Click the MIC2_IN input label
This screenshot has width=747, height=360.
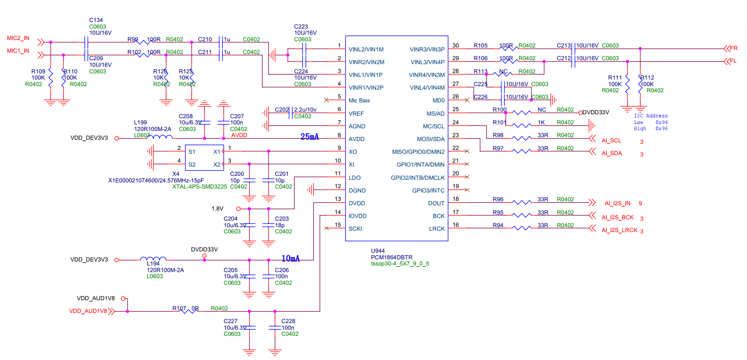click(18, 38)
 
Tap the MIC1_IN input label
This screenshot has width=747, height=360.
click(18, 51)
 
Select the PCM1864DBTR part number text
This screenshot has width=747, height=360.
click(392, 258)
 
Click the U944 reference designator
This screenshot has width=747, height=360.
click(378, 251)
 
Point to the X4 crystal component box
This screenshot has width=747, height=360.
click(204, 158)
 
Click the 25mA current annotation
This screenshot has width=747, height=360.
click(309, 137)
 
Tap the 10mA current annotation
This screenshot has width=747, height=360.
click(290, 258)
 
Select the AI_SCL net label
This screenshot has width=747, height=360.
click(611, 141)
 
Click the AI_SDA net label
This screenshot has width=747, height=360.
click(612, 153)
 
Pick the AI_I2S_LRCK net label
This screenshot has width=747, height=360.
click(619, 230)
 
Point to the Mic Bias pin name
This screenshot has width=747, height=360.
click(359, 101)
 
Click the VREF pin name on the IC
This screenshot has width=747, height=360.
click(356, 114)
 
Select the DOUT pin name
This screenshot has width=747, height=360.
click(436, 204)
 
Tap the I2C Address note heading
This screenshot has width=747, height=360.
click(650, 116)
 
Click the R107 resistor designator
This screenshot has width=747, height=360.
click(179, 309)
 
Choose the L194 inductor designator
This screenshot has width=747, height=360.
click(153, 264)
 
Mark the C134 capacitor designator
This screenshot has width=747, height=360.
click(96, 20)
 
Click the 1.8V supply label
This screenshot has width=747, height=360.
click(218, 209)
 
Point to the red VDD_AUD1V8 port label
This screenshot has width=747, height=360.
click(88, 311)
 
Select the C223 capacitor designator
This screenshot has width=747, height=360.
click(301, 27)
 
